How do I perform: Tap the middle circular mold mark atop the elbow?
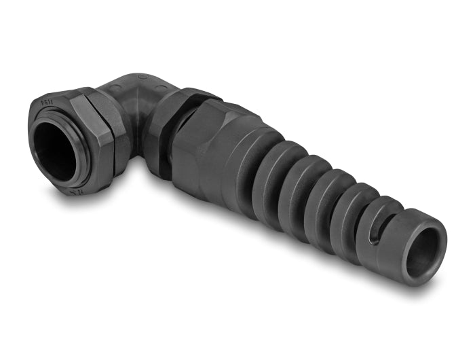(141, 77)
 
